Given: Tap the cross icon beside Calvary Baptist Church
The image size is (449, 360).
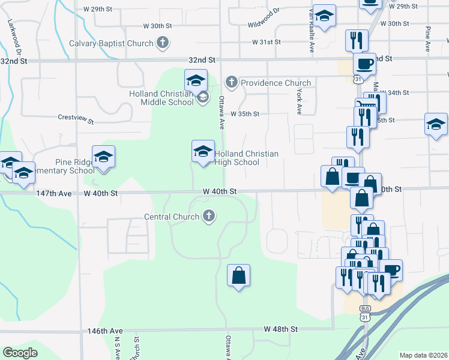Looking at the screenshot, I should tap(162, 43).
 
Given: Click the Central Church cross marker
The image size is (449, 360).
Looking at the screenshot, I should tap(208, 216).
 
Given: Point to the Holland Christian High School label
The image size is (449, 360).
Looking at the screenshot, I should tap(246, 158).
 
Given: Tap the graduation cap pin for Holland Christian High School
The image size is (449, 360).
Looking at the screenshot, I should tap(203, 151).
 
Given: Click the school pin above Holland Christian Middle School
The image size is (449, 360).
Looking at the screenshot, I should tap(196, 80).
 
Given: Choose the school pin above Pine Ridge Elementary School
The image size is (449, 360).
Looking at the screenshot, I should tap(104, 157).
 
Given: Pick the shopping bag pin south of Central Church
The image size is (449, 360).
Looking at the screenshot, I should tap(238, 275).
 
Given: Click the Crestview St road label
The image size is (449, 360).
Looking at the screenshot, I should tap(76, 119).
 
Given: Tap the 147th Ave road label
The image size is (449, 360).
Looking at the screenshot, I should tap(53, 194).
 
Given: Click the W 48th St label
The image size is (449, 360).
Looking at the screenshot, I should tap(281, 329).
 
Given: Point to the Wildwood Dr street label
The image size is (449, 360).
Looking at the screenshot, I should tap(265, 19).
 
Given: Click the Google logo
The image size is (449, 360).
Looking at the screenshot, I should tap(20, 353).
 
